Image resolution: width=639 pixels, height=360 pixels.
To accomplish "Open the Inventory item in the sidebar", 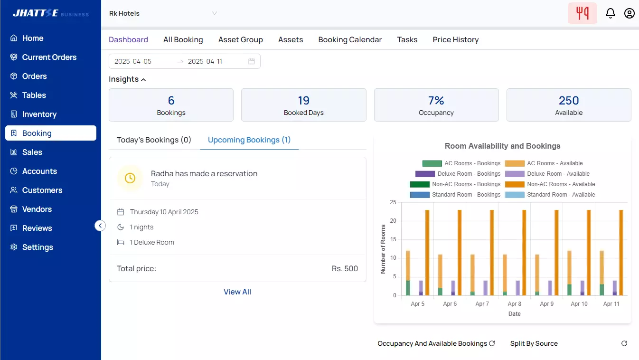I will [39, 114].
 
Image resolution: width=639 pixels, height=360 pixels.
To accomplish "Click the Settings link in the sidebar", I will [37, 247].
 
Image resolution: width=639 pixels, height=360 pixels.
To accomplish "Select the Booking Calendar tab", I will [350, 40].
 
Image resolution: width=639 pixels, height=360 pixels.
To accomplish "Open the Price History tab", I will [455, 40].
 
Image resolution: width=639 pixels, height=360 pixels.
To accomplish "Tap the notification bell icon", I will [611, 13].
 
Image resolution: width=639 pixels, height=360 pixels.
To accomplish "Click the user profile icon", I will [630, 13].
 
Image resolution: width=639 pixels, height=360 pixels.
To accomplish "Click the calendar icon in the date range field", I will [252, 61].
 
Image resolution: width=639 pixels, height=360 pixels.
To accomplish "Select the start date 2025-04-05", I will [133, 61].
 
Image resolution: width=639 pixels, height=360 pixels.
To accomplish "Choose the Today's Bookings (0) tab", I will [154, 140].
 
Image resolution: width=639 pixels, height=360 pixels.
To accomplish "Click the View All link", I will [237, 292].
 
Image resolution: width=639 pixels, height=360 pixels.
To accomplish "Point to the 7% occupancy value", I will [436, 101].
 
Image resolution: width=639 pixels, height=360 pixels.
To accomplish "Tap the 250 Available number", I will [569, 101].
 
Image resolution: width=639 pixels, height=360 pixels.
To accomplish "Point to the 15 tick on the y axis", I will [393, 239].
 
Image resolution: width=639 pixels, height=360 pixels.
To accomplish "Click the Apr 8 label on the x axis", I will [515, 304].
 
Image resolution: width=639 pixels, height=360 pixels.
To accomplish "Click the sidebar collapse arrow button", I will [100, 226].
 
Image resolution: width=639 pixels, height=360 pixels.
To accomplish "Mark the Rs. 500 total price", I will [345, 269].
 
